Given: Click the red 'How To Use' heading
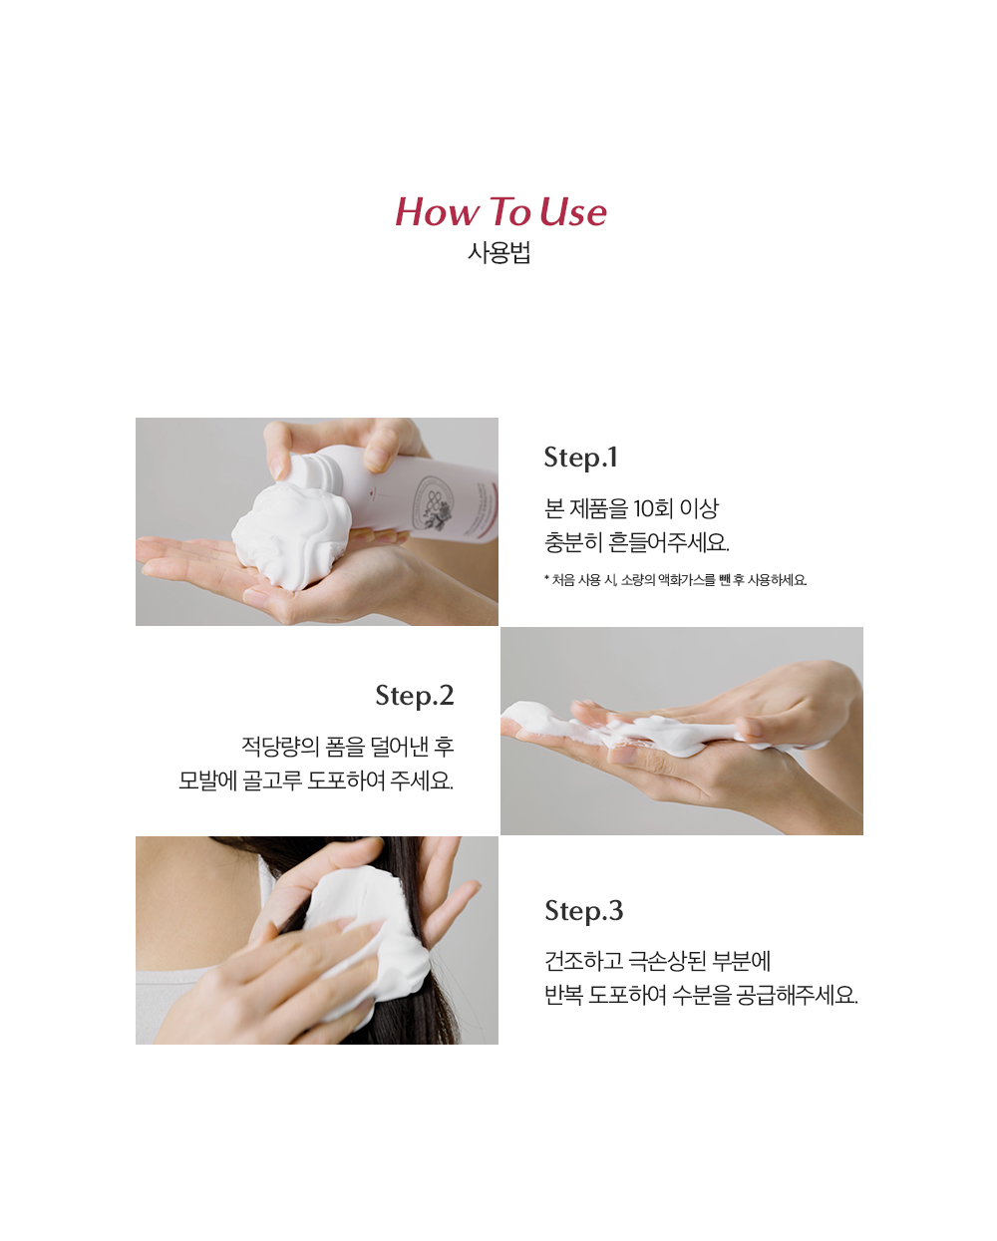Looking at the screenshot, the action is pyautogui.click(x=500, y=211).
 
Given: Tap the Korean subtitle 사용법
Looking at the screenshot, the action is pyautogui.click(x=498, y=252).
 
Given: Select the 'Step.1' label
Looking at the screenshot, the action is pyautogui.click(x=580, y=458).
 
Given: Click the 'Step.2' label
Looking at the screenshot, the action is pyautogui.click(x=415, y=696).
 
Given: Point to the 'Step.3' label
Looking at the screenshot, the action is pyautogui.click(x=584, y=912).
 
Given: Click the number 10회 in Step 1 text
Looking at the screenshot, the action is pyautogui.click(x=653, y=508).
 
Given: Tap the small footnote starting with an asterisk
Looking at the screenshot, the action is pyautogui.click(x=675, y=579).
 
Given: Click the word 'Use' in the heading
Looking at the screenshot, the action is pyautogui.click(x=573, y=212).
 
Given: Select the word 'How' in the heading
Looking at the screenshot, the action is pyautogui.click(x=438, y=211).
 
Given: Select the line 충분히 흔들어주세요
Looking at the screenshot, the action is pyautogui.click(x=636, y=542).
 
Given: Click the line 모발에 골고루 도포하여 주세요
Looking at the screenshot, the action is pyautogui.click(x=316, y=780).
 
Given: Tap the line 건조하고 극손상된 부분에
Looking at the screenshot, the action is pyautogui.click(x=658, y=961).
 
